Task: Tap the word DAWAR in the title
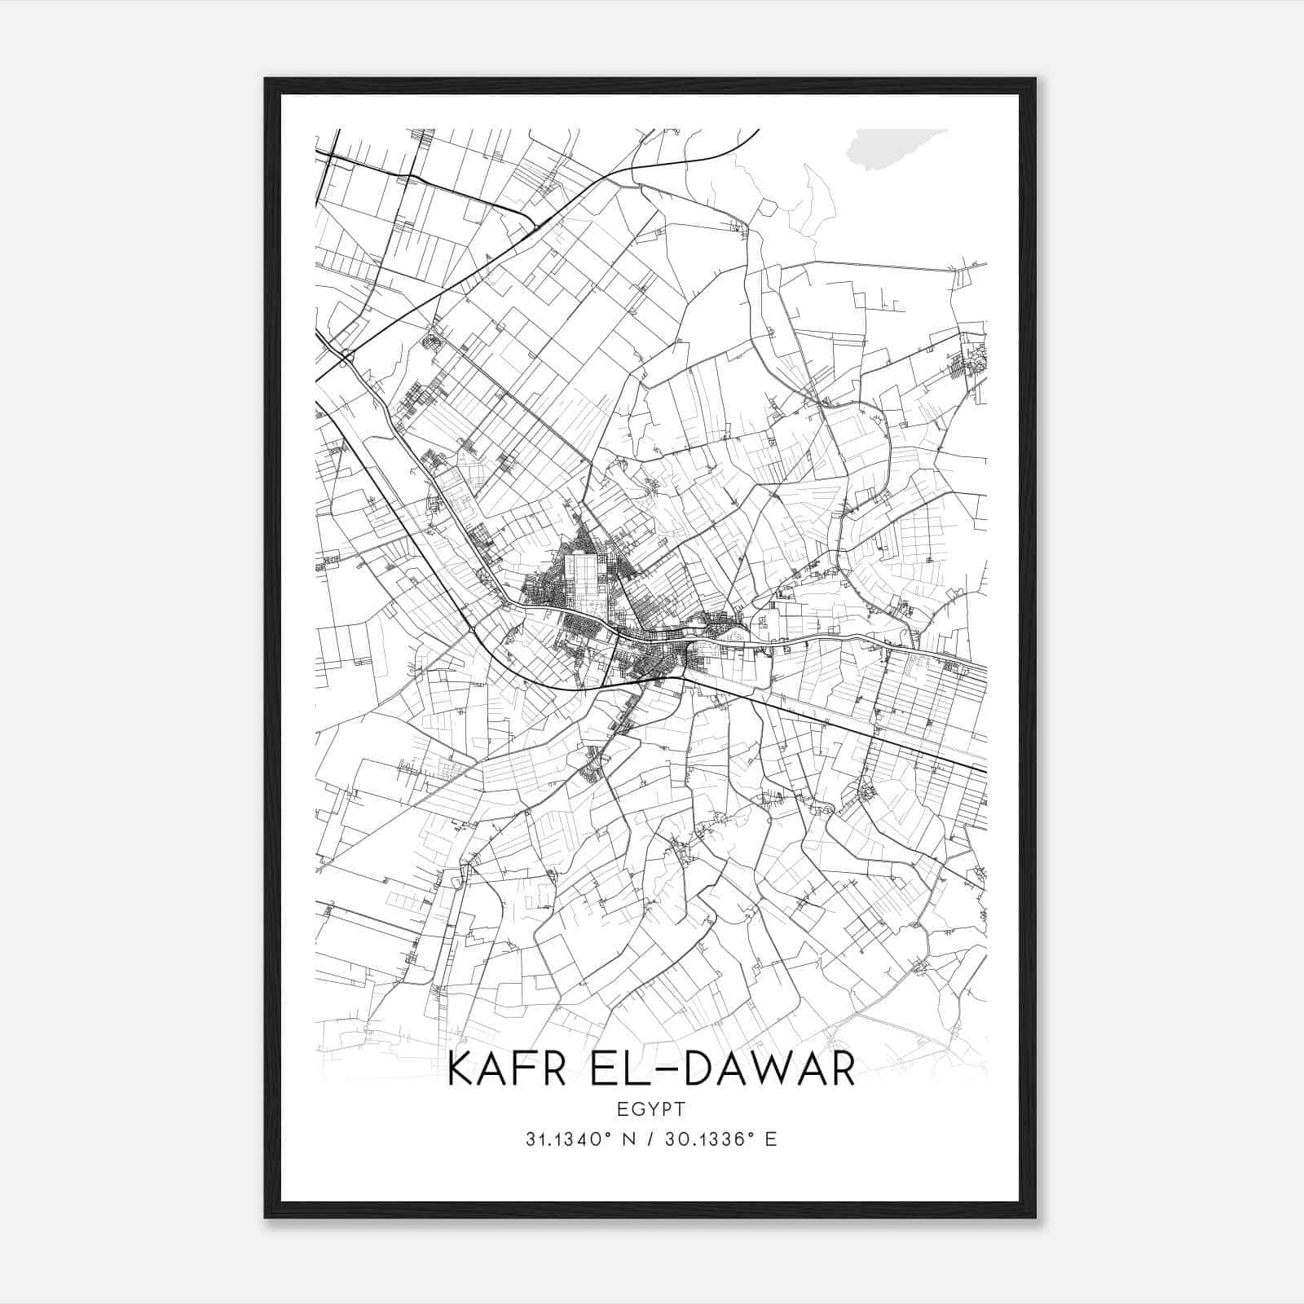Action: coord(769,1068)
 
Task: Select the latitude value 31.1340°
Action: coord(569,1139)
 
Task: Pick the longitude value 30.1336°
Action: coord(709,1139)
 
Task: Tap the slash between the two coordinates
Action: coord(649,1139)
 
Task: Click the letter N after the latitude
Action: coord(629,1139)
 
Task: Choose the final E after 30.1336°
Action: coord(771,1139)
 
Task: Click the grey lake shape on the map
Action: coord(892,148)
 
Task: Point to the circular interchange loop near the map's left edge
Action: coord(349,356)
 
